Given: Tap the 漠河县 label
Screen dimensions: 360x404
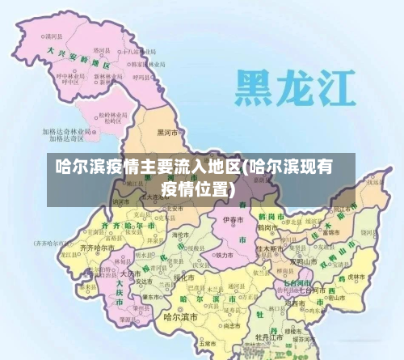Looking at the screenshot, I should (54, 36).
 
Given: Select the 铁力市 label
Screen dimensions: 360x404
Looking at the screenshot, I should (225, 254).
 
